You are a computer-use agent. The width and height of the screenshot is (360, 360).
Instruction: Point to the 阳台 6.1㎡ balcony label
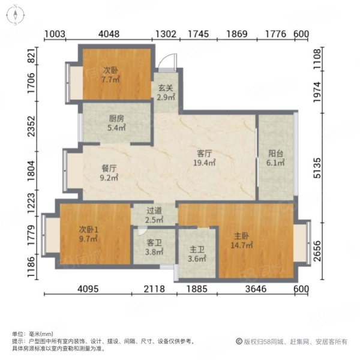276,166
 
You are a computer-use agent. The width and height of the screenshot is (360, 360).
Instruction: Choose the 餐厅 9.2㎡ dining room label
109,173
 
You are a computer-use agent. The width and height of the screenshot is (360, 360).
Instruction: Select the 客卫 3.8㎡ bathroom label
154,248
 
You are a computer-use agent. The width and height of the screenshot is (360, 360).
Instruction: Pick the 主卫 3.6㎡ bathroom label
197,254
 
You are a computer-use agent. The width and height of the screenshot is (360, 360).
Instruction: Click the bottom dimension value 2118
155,289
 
